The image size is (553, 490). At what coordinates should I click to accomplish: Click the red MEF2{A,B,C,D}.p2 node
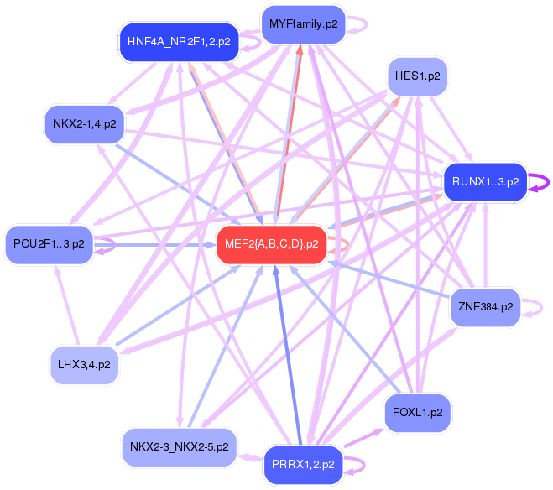click(271, 244)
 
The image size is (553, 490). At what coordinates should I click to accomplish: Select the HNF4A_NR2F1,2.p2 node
click(178, 40)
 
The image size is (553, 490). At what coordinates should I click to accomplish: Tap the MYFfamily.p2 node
click(303, 23)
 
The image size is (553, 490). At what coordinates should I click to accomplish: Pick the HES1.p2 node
click(418, 76)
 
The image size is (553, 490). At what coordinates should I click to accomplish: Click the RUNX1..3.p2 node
click(484, 181)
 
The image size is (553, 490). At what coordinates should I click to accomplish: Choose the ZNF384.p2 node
click(485, 307)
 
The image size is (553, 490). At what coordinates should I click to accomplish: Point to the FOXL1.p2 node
click(417, 412)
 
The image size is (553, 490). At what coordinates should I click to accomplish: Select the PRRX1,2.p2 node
click(303, 464)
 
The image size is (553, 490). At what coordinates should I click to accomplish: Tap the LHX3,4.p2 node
click(85, 365)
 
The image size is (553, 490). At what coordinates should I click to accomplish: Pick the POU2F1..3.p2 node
click(49, 244)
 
